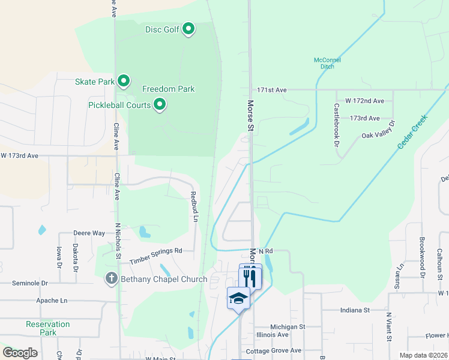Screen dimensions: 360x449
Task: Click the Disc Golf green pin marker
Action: [188, 29]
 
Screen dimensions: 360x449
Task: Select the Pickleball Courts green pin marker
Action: [160, 105]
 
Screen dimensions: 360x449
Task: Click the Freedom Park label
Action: [168, 89]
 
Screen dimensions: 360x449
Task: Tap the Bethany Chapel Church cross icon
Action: [111, 278]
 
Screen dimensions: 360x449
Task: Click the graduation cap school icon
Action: [238, 298]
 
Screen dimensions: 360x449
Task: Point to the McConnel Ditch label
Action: [327, 62]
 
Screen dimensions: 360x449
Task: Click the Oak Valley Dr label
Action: [378, 132]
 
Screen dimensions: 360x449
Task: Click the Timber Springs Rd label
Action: [155, 255]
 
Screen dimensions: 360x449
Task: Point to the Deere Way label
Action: [89, 233]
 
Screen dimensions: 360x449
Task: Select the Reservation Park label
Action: [48, 328]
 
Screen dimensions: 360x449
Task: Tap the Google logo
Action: [20, 353]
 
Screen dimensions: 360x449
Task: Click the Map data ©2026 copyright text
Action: [423, 355]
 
